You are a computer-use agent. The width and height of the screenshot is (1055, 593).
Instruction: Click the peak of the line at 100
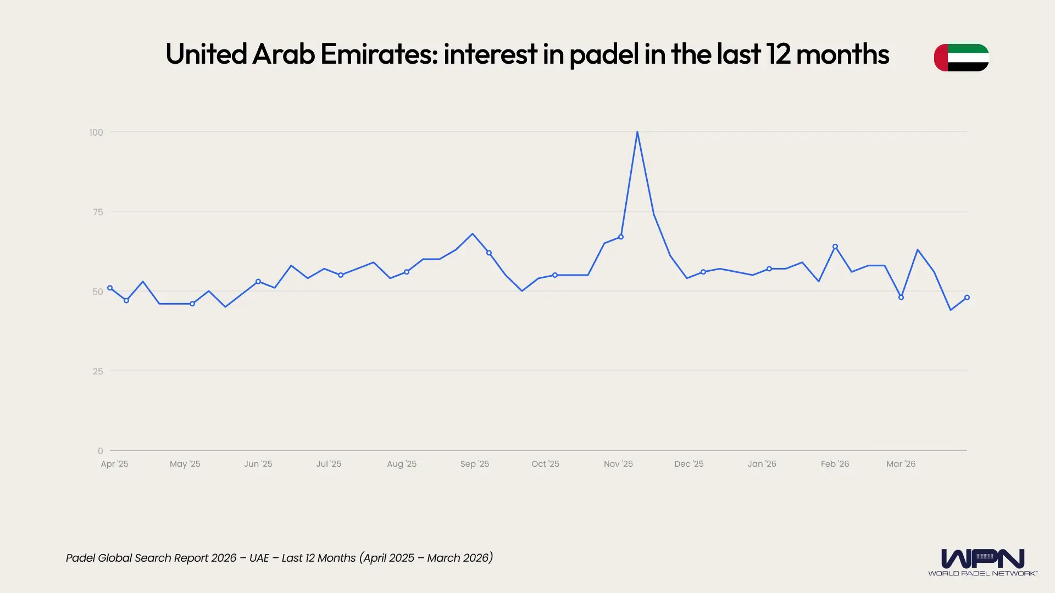pos(637,132)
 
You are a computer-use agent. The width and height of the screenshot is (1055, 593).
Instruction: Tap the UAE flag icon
pos(961,58)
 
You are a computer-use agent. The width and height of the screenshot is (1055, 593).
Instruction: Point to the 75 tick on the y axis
pos(98,212)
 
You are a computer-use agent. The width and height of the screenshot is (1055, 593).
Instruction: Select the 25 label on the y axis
pos(98,371)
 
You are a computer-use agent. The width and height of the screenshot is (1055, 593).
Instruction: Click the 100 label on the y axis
pos(96,132)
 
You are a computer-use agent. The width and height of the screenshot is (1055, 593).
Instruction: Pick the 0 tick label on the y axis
pos(100,451)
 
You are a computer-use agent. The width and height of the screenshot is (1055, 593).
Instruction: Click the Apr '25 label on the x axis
pos(114,464)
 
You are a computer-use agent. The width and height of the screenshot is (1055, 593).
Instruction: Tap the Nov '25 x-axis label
pos(618,464)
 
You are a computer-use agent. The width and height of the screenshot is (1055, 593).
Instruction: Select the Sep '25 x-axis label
pos(475,464)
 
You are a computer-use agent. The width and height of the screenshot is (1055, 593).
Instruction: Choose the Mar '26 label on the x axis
pos(901,464)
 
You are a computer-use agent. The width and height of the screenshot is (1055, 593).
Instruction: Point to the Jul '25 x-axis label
pos(329,464)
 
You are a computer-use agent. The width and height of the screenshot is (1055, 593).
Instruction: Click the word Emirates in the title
pos(379,54)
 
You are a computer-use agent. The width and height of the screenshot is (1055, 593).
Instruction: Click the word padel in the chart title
pos(603,54)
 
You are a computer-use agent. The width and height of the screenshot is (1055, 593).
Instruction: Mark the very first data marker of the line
pos(110,288)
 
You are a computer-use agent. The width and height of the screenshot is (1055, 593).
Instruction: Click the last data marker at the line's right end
pos(967,298)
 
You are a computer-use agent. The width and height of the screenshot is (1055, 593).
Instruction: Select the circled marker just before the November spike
pos(621,237)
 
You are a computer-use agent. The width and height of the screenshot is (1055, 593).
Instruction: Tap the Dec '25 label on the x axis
pos(689,464)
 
